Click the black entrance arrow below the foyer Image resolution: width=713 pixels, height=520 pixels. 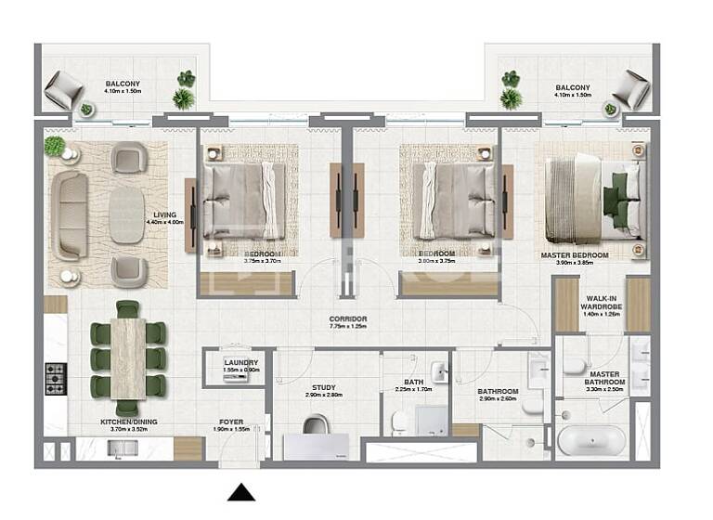coord(241,492)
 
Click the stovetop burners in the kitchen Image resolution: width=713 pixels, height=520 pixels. coord(55,378)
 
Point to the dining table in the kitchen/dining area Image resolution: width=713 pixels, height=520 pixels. coord(127,357)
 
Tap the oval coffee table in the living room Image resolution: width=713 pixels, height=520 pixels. coord(128,216)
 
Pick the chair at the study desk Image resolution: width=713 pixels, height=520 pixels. coord(318,425)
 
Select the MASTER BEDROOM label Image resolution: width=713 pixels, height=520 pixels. coord(575,255)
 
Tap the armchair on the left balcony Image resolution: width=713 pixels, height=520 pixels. coord(64,89)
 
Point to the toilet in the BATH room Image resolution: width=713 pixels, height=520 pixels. coord(400,422)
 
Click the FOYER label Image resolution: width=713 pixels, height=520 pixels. coord(231,422)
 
